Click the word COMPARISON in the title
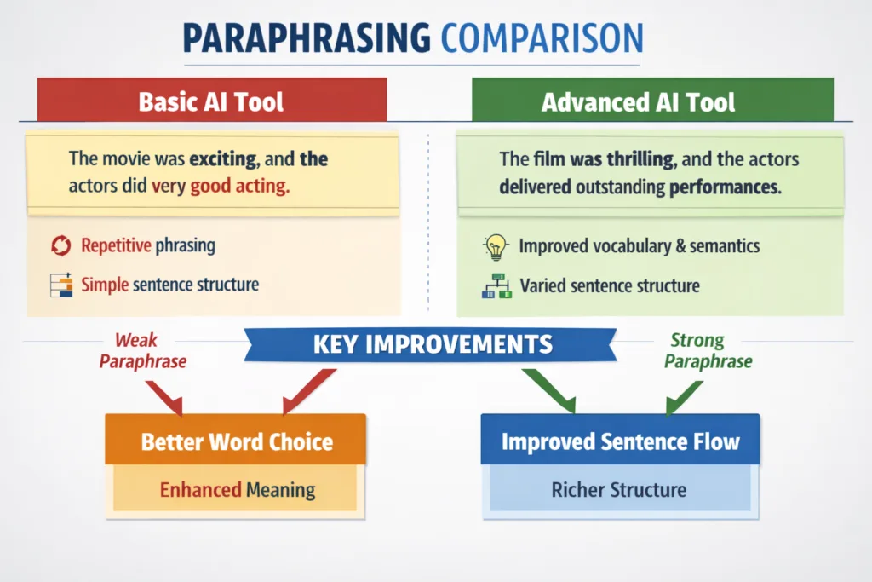click(542, 39)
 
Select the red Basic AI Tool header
click(211, 101)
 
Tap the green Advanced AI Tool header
click(638, 102)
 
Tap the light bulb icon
click(495, 246)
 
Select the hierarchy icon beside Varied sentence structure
click(496, 285)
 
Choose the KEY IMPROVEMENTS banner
click(433, 344)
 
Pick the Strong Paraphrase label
click(708, 351)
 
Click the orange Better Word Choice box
click(236, 441)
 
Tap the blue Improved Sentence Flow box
click(620, 441)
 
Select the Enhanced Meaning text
click(238, 490)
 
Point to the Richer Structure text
click(618, 490)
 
